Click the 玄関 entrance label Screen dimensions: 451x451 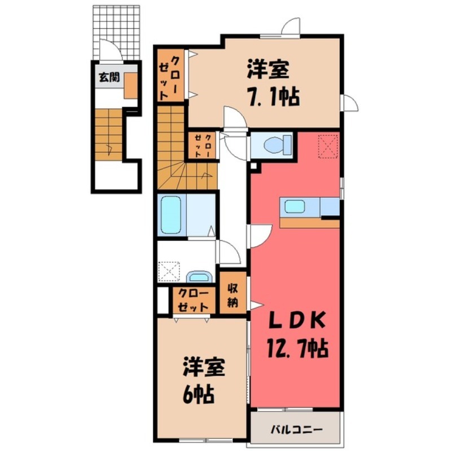tap(109, 77)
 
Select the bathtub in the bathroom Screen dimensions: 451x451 tap(171, 214)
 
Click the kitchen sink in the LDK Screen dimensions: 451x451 tap(294, 207)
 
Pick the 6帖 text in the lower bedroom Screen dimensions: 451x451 tap(199, 393)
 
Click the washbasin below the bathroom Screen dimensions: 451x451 tap(198, 277)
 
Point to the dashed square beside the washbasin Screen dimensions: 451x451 tap(169, 271)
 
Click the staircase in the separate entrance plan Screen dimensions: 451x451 tap(108, 132)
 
